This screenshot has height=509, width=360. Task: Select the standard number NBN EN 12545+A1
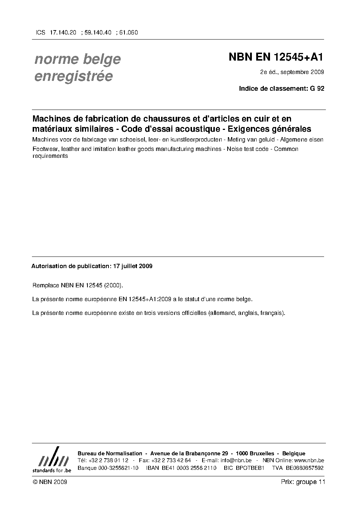pyautogui.click(x=276, y=57)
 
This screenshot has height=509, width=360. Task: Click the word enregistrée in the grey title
pyautogui.click(x=73, y=77)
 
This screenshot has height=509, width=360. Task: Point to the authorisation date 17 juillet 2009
pyautogui.click(x=133, y=266)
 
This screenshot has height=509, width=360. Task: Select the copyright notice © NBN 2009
pyautogui.click(x=50, y=482)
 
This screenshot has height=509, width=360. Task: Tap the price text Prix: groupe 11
pyautogui.click(x=303, y=482)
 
